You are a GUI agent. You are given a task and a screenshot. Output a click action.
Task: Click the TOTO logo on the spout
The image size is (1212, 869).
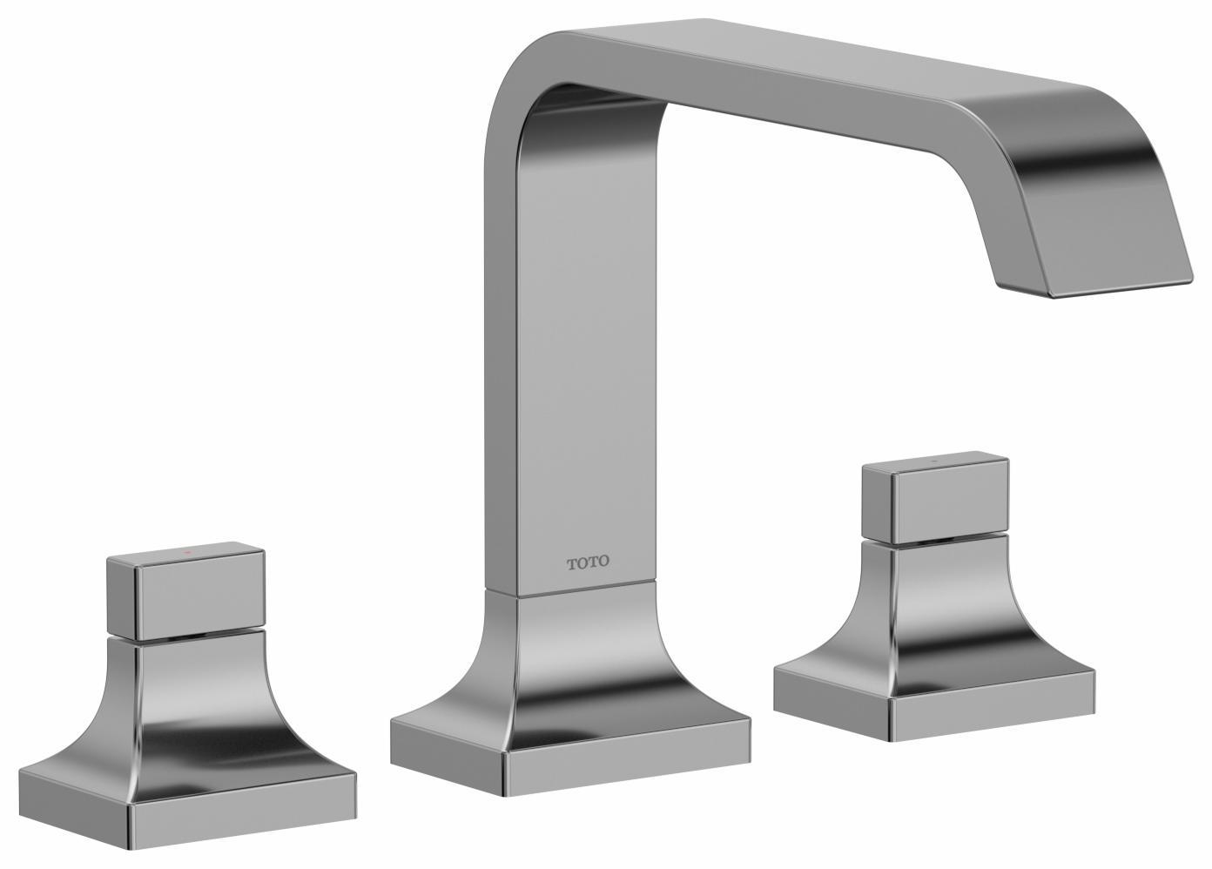coord(589,562)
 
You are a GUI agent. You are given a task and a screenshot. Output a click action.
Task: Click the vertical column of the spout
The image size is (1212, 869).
coord(570,348)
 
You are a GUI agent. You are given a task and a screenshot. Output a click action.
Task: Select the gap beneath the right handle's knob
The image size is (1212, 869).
coord(935,539)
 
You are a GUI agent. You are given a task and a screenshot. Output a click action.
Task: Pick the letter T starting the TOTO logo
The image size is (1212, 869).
coord(572,563)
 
